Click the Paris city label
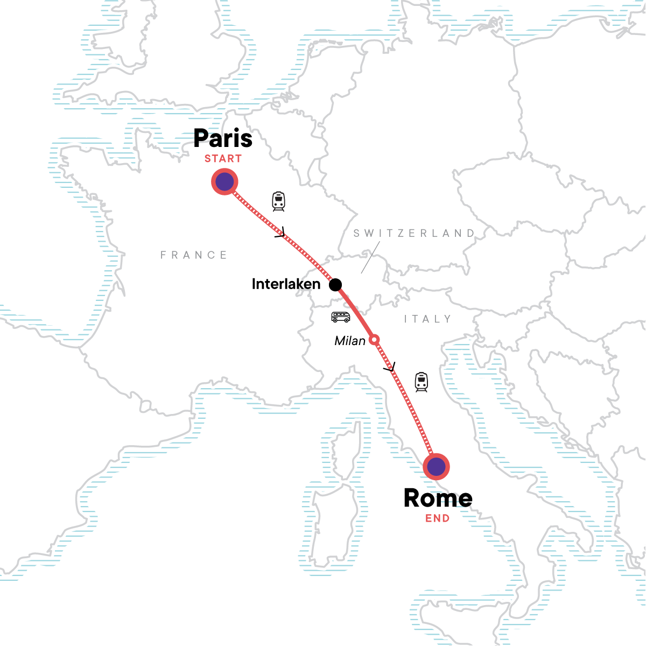(x=223, y=138)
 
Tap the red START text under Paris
(x=223, y=159)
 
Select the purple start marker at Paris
(x=224, y=182)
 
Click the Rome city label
(x=438, y=498)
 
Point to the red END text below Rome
(x=437, y=518)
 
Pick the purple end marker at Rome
(x=436, y=466)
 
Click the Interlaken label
(x=286, y=284)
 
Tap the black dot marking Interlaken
(x=335, y=284)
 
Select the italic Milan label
(x=350, y=341)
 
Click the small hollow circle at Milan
(x=374, y=339)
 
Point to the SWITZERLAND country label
(x=414, y=233)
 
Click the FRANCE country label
(x=194, y=255)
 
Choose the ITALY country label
(x=428, y=319)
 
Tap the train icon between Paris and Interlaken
(x=278, y=201)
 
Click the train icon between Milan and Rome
(x=421, y=382)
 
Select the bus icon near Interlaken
(x=341, y=317)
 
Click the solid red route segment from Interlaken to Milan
(x=355, y=313)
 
